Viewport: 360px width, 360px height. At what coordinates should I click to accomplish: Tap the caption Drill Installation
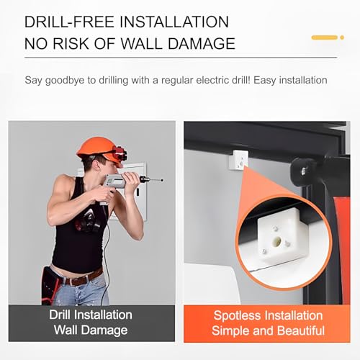[x=91, y=315]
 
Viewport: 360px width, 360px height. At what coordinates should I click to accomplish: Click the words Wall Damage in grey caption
[x=91, y=330]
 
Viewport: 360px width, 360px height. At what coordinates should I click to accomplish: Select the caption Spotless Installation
[x=269, y=315]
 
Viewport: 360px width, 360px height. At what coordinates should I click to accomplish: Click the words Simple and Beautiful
[x=269, y=330]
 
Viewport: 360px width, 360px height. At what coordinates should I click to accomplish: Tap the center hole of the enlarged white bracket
[x=276, y=233]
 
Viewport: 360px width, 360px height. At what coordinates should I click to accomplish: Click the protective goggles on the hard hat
[x=117, y=153]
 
